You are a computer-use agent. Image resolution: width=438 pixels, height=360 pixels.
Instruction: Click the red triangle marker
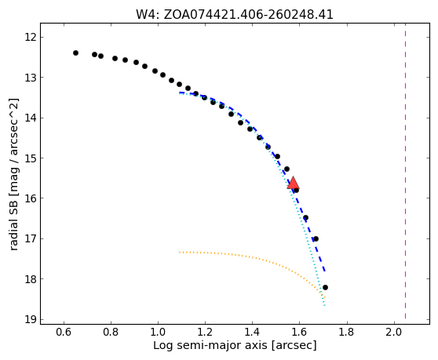point(293,183)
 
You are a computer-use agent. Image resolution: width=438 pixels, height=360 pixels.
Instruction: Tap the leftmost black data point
point(75,53)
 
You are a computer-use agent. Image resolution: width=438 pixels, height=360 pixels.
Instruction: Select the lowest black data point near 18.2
point(325,287)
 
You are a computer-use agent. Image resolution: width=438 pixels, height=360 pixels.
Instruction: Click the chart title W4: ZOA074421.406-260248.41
point(235,14)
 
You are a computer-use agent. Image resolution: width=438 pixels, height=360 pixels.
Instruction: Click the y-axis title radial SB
point(13,222)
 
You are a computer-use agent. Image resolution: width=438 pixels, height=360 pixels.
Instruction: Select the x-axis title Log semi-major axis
point(210,345)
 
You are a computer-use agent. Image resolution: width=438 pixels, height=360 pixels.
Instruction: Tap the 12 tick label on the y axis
point(31,37)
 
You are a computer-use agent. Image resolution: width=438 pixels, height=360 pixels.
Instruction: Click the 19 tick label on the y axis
point(31,319)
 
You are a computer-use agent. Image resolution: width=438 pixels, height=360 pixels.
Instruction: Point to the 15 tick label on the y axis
point(31,158)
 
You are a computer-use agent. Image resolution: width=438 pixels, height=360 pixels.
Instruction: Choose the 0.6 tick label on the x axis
point(64,332)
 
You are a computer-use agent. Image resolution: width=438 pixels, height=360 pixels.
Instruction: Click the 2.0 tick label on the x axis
point(394,332)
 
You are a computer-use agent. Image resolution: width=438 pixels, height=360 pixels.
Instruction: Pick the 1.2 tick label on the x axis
point(206,332)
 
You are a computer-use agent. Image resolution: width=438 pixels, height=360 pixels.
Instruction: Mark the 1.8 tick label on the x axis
point(347,332)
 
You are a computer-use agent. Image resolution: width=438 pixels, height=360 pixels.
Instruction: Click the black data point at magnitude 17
point(316,239)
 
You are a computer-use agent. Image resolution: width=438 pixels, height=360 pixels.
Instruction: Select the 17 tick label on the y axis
point(31,239)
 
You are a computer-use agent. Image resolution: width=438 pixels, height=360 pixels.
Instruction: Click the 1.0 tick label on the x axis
point(158,332)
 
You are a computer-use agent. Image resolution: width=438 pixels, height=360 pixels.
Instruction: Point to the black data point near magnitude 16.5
point(305,218)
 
